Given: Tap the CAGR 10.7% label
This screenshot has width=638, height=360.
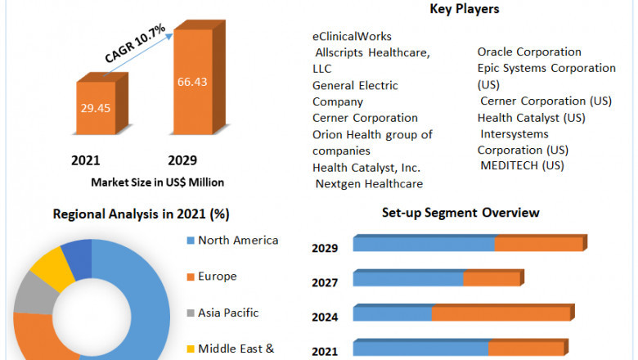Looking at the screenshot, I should tap(134, 44).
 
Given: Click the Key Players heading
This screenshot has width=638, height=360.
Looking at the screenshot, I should tap(465, 9).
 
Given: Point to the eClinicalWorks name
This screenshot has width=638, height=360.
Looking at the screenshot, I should tap(352, 36).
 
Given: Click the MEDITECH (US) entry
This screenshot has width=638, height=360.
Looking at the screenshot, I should tap(522, 166).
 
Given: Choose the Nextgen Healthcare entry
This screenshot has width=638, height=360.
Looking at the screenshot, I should tap(369, 183).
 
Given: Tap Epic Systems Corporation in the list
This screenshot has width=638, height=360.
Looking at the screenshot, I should tap(546, 68).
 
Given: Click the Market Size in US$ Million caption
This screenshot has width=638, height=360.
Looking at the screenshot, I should tap(157, 182).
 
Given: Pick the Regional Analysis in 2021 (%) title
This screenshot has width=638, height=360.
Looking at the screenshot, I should tap(141, 214).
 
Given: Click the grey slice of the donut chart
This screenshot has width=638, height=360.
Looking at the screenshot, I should tap(32, 293).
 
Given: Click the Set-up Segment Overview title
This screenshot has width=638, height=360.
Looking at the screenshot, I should tap(461, 213).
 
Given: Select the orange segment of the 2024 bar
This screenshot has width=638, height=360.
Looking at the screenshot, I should tap(501, 313).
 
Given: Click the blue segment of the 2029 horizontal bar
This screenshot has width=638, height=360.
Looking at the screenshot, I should tap(424, 244).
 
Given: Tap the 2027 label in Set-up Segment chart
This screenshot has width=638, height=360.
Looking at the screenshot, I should tap(325, 282).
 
